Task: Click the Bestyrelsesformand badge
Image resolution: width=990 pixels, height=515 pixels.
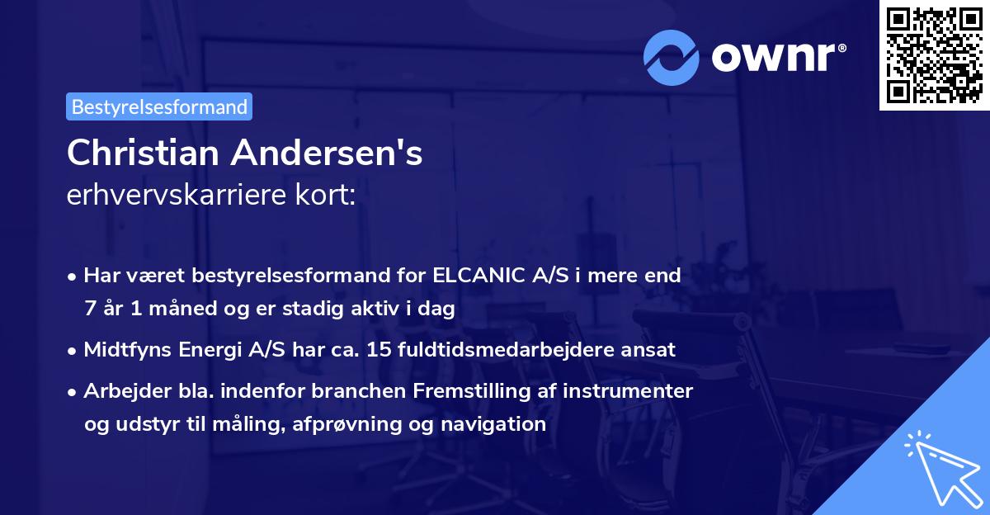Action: coord(159,106)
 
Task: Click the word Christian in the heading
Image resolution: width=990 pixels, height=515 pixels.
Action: coord(142,153)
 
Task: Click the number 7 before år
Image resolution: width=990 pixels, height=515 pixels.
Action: coord(89,309)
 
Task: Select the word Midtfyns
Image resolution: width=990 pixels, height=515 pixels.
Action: coord(126,350)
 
